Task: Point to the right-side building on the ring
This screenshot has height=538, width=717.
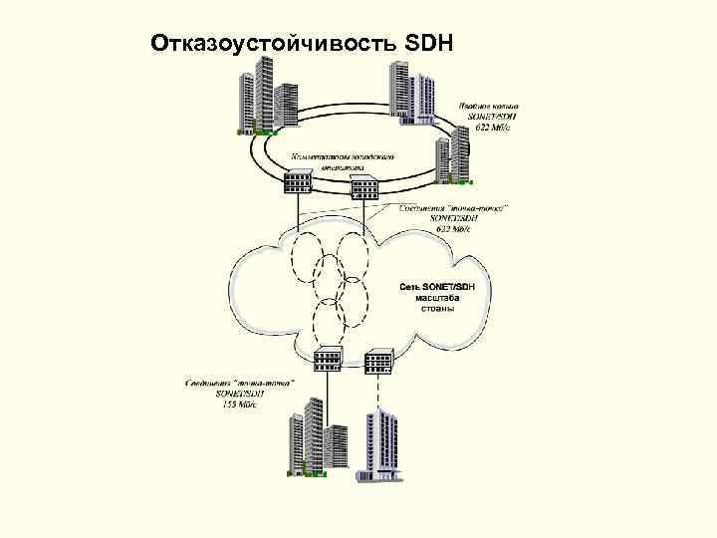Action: (x=450, y=159)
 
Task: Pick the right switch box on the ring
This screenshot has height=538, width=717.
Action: (x=363, y=185)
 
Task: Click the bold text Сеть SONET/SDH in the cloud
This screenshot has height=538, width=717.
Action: (x=439, y=287)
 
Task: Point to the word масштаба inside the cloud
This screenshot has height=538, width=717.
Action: (x=431, y=298)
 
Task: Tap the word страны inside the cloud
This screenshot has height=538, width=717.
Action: (x=431, y=309)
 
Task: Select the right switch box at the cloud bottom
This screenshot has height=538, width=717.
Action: (x=379, y=359)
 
